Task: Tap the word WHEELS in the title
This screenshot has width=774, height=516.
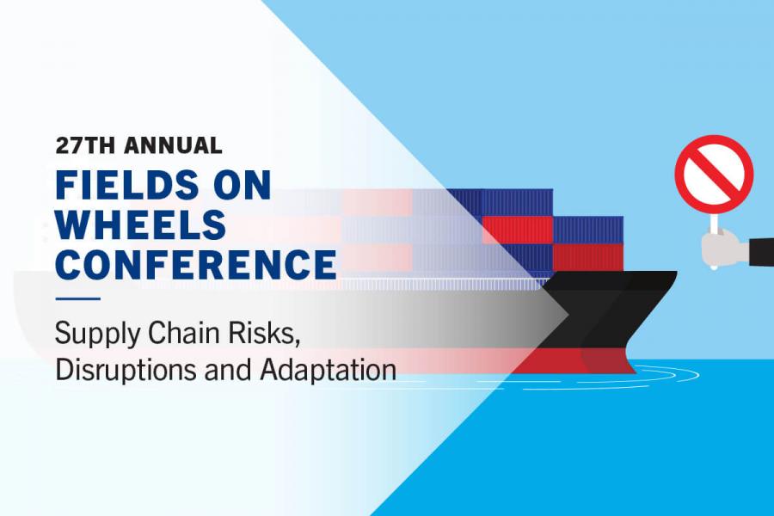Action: (x=141, y=224)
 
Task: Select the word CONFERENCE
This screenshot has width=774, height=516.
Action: (x=196, y=263)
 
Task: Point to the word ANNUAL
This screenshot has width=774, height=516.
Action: (x=173, y=145)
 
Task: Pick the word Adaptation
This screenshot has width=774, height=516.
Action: (x=329, y=369)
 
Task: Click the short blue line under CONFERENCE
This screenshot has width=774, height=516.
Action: (x=78, y=298)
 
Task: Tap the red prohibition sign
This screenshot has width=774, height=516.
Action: (x=715, y=174)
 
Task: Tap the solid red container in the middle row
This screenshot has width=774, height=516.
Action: (x=518, y=230)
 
